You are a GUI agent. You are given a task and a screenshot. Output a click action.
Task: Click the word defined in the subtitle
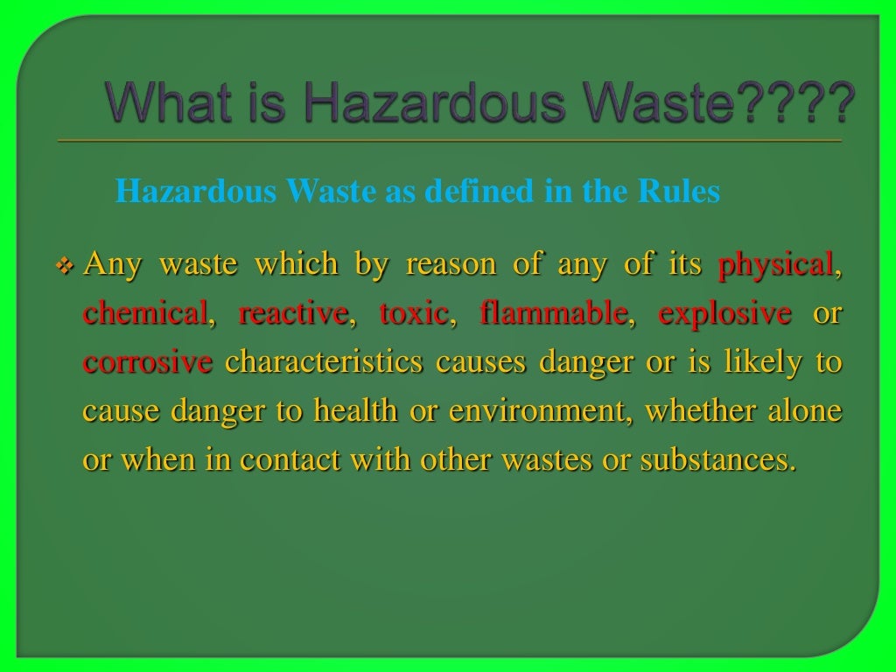pos(479,192)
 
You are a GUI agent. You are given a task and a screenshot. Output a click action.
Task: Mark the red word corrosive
pos(148,362)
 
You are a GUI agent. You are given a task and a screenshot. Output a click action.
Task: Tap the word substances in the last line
pos(718,460)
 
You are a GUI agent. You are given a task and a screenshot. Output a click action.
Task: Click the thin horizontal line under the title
pos(448,141)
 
